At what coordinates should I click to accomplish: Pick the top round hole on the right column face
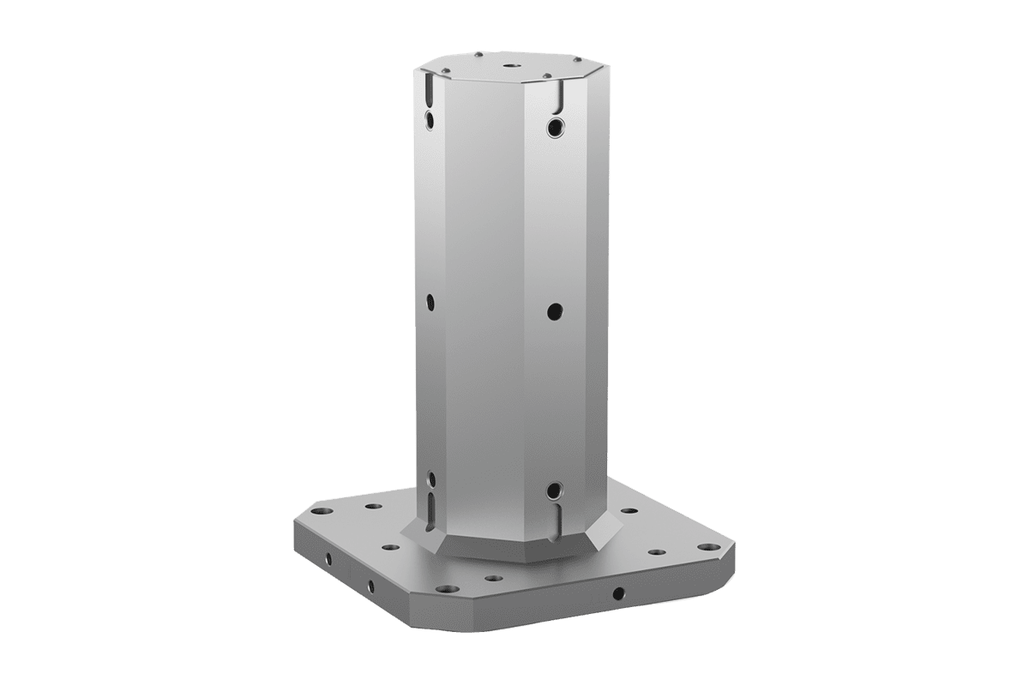[556, 128]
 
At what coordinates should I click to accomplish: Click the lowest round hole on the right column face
[554, 490]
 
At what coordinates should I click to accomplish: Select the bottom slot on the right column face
[555, 518]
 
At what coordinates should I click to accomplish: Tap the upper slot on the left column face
[428, 90]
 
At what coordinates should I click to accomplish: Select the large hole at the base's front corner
[447, 588]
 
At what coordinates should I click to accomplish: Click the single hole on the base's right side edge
[618, 592]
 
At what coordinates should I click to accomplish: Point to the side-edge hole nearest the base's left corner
[328, 559]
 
